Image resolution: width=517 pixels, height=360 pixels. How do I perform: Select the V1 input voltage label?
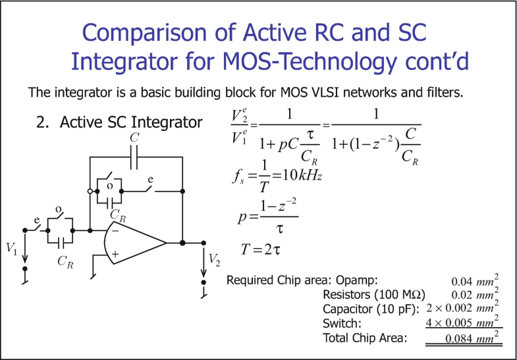(13, 248)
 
